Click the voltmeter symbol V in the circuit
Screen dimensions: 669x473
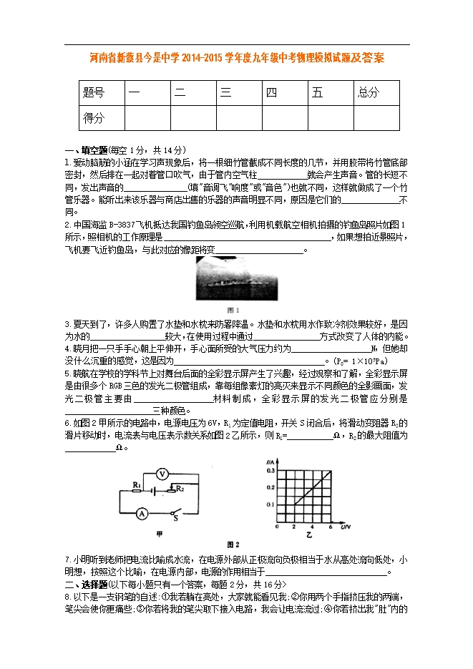pyautogui.click(x=162, y=474)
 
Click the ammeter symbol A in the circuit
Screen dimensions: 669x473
pyautogui.click(x=142, y=512)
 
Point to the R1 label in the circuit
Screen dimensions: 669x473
pyautogui.click(x=135, y=484)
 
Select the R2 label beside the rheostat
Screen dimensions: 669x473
pyautogui.click(x=180, y=488)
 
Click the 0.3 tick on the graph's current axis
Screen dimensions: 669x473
pyautogui.click(x=270, y=471)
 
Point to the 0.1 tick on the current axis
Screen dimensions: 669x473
pyautogui.click(x=270, y=505)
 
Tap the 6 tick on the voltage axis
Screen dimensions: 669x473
pyautogui.click(x=330, y=527)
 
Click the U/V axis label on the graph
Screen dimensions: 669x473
pyautogui.click(x=345, y=527)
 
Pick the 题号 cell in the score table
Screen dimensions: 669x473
pyautogui.click(x=94, y=92)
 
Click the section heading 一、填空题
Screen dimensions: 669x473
pyautogui.click(x=86, y=150)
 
